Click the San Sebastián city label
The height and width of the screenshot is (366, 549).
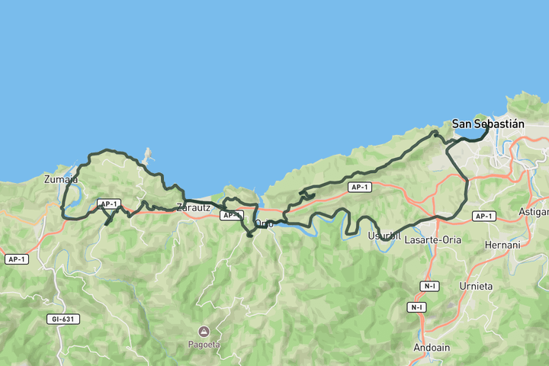point(489,124)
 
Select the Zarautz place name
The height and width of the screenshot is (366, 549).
point(193,207)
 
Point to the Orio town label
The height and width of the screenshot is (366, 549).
point(264,223)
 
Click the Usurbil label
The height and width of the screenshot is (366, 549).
point(384,236)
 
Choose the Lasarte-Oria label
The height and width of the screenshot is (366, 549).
point(433,239)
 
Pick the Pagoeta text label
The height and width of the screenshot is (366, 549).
point(204,344)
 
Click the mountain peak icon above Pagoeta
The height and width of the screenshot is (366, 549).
point(204,331)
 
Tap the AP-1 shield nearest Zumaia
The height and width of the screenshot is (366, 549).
point(108,204)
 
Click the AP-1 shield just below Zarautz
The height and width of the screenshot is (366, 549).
point(231,216)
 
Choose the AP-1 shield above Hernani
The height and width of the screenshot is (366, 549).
point(484,217)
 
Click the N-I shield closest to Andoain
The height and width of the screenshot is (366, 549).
point(416,307)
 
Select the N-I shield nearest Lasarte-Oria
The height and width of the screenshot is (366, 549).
point(430,286)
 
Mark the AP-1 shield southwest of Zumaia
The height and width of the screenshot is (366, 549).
point(16,259)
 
